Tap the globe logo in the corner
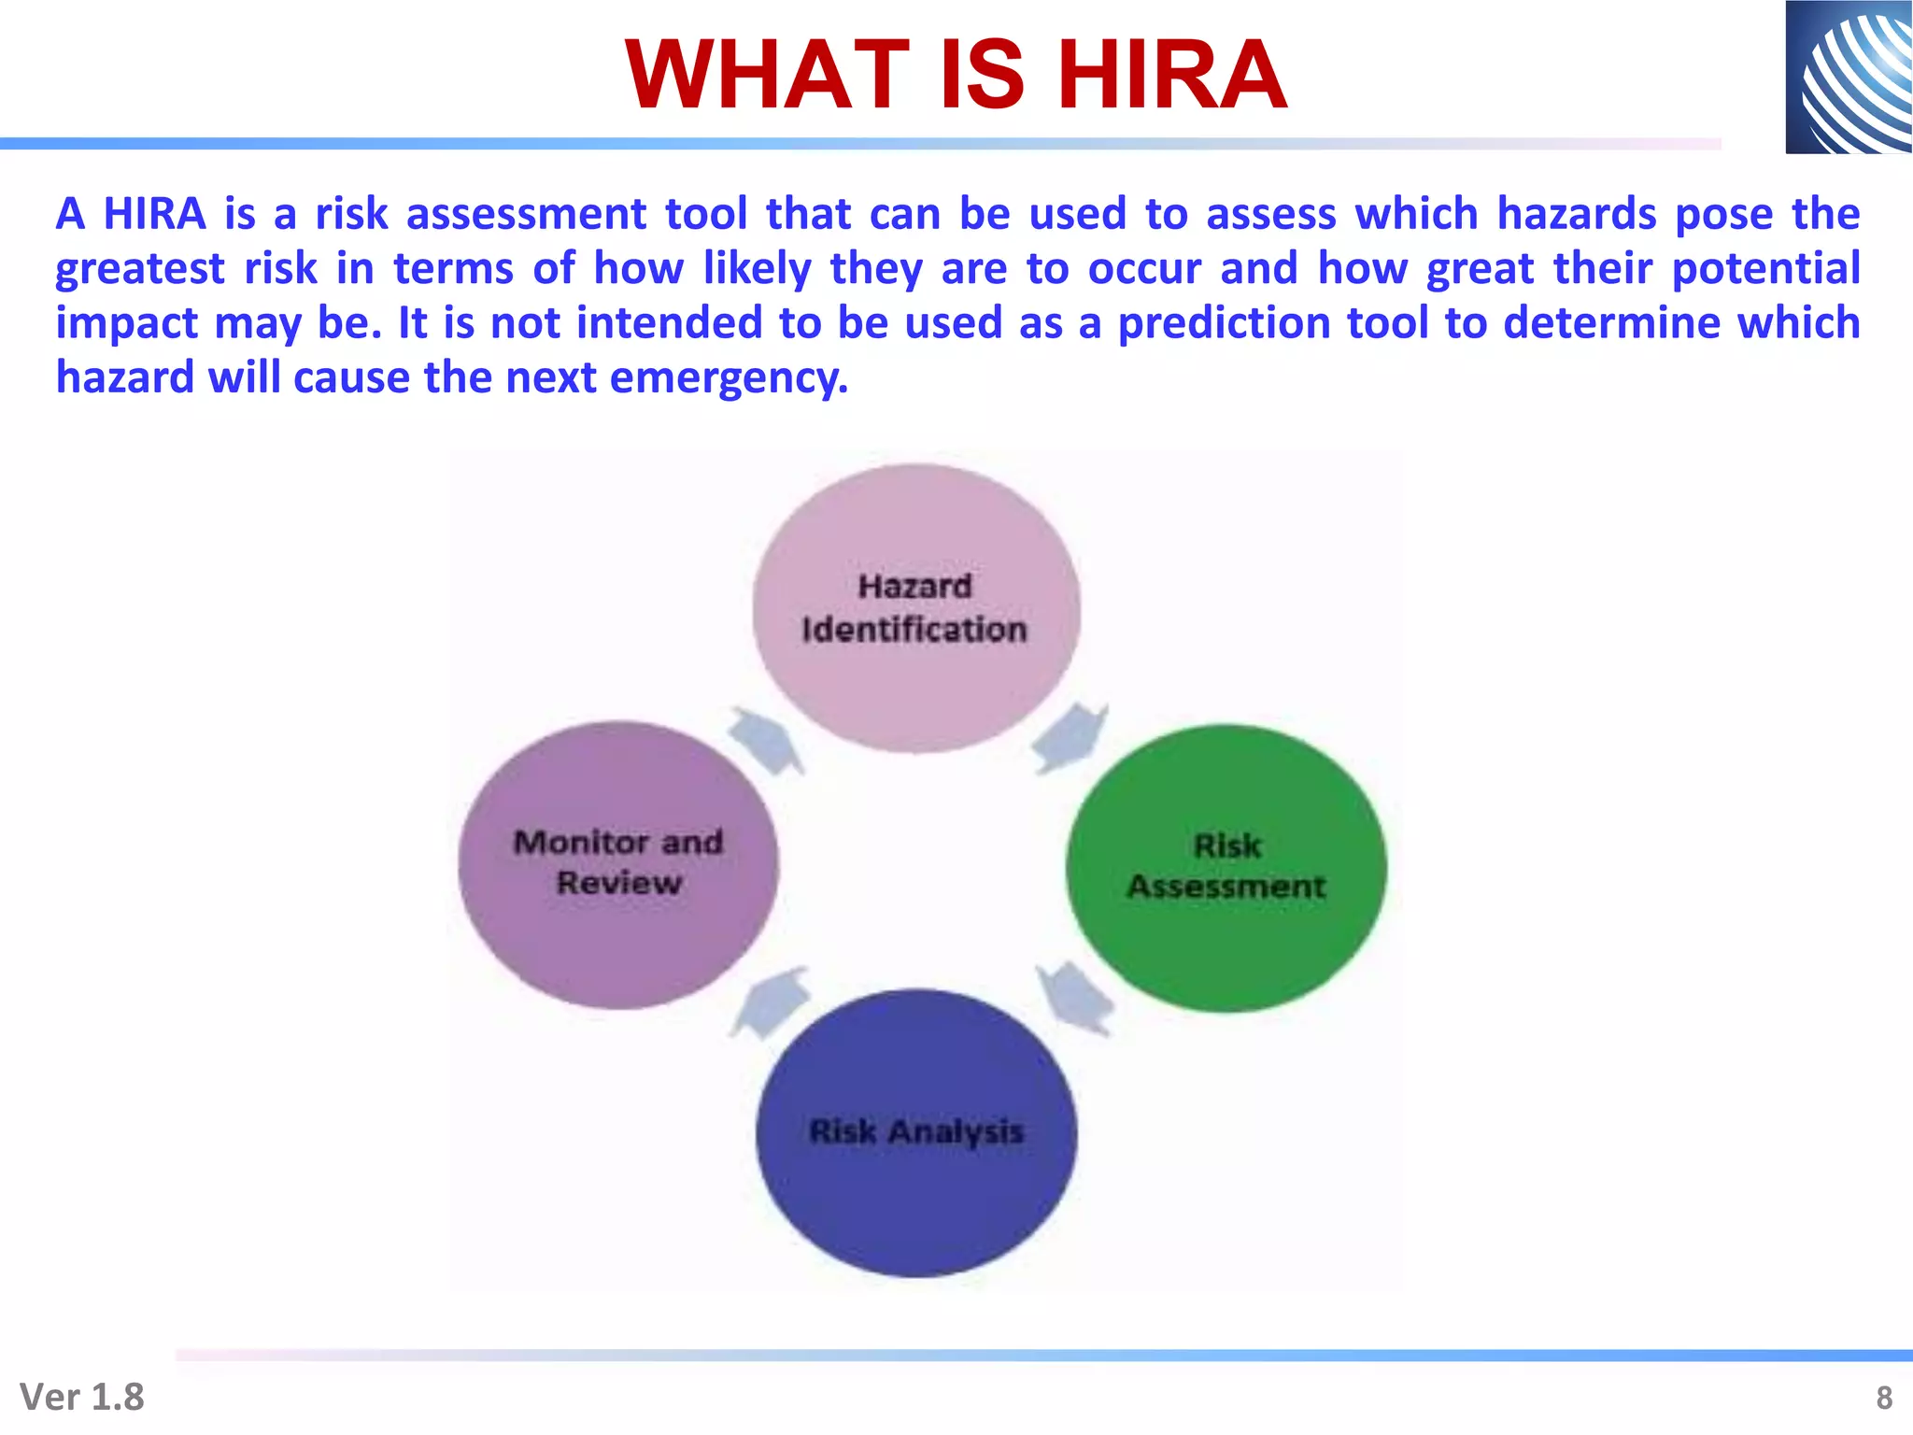pos(1849,77)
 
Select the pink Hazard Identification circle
pos(916,542)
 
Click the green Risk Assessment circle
pos(1226,944)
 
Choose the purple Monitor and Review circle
pos(617,944)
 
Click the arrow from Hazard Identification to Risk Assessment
pos(1070,738)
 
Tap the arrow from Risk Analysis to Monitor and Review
pos(769,1002)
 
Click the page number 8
pos(1884,1398)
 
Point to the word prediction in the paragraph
pos(1225,323)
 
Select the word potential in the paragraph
pos(1765,269)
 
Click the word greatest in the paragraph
pos(140,269)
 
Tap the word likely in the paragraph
pos(758,269)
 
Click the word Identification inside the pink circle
pos(914,630)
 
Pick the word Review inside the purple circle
pos(618,883)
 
